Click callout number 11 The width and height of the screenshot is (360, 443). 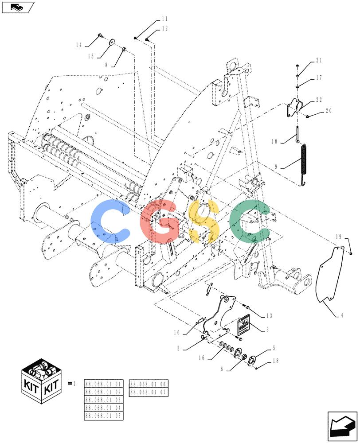click(x=164, y=19)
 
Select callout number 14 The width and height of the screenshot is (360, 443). click(x=78, y=45)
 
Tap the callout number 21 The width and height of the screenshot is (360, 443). click(x=319, y=60)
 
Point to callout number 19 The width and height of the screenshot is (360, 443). click(x=339, y=237)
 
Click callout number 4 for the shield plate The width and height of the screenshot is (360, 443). click(x=342, y=315)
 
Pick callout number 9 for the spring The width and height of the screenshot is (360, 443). click(x=276, y=167)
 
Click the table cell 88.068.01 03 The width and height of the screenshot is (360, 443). click(x=103, y=400)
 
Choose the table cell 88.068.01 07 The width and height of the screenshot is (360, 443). click(x=148, y=392)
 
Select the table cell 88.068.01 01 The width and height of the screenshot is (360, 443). click(x=103, y=384)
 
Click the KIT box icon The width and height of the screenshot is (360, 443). click(x=42, y=381)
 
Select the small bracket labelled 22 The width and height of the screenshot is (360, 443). click(x=294, y=108)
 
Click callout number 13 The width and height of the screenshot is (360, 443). click(x=269, y=316)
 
